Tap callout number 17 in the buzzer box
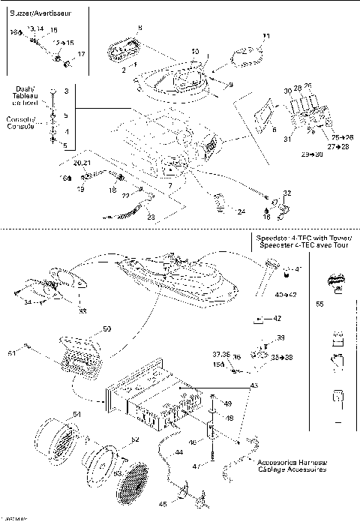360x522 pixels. (x=81, y=54)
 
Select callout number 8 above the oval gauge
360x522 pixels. (x=139, y=28)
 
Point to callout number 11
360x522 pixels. (x=265, y=36)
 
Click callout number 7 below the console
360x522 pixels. (x=171, y=184)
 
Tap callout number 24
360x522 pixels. (x=241, y=212)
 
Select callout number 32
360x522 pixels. (x=287, y=193)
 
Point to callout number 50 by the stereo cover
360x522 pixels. (x=106, y=328)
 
